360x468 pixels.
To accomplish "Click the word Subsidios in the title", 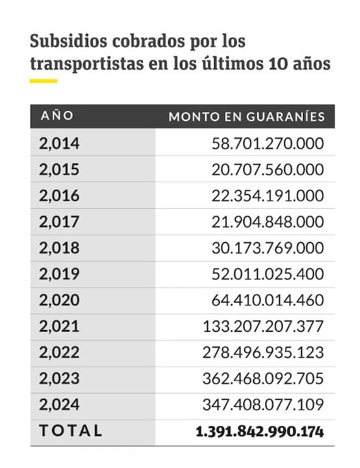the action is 68,41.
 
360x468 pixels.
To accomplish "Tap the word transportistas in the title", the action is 87,64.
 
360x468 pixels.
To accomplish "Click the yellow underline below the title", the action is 43,81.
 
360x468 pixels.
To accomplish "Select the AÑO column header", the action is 57,115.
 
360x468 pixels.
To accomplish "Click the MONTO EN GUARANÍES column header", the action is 246,117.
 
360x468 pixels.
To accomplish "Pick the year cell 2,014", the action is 60,143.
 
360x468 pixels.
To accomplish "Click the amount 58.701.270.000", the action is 268,143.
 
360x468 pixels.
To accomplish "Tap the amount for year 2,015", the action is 268,170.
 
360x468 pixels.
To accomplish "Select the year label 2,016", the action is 60,196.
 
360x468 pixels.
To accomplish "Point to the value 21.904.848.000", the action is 268,222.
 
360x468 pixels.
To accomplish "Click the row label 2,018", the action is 60,248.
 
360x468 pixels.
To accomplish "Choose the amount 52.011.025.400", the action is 268,274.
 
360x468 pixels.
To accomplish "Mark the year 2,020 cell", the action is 60,300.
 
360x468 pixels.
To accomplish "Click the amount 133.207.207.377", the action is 263,327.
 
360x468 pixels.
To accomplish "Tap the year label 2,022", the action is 60,353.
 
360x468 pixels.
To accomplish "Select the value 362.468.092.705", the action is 263,379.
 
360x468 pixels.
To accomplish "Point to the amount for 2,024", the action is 263,405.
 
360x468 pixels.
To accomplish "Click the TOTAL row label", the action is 71,430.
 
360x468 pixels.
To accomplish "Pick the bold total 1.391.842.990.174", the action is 260,432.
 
